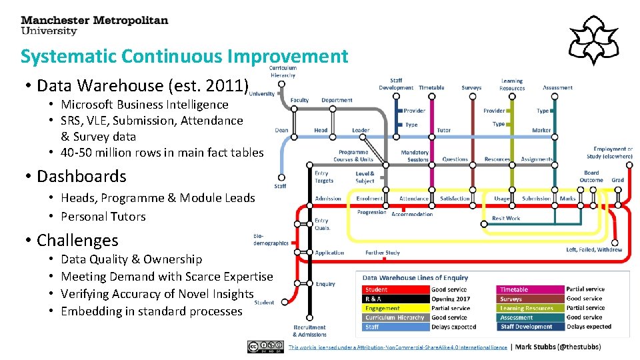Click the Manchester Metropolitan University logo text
coord(95,25)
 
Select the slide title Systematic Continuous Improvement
coord(184,57)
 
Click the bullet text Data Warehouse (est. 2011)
coord(143,86)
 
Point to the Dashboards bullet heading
coord(81,177)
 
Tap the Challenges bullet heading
coord(77,241)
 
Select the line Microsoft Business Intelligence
coord(145,105)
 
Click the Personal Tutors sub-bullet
coord(103,217)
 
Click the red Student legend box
coord(395,290)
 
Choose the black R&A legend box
coord(395,299)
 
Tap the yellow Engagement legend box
coord(395,309)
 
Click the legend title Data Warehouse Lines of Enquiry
coord(415,278)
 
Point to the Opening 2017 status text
coord(451,299)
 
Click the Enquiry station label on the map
coord(325,284)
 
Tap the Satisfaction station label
coord(455,198)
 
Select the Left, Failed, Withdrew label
coord(594,250)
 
